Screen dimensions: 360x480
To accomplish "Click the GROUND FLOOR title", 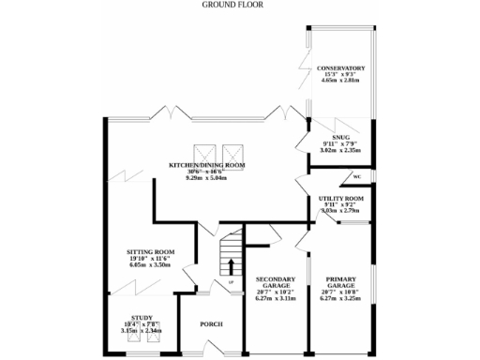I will (x=232, y=5).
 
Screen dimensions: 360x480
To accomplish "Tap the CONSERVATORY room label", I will (x=340, y=68).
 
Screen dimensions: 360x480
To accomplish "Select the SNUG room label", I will (x=327, y=136).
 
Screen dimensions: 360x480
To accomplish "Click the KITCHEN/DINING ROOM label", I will (x=206, y=165).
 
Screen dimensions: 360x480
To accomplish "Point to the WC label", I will (x=357, y=176).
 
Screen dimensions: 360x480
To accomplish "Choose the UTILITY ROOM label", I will (x=341, y=199).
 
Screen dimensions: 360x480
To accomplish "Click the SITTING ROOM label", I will (x=151, y=252).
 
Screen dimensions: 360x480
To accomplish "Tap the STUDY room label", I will (x=142, y=318).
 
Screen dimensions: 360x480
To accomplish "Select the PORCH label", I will (x=212, y=324).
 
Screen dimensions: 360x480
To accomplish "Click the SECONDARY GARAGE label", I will (x=276, y=284).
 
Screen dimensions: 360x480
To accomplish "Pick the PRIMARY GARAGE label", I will (x=340, y=284).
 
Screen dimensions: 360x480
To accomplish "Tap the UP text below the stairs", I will (x=230, y=282).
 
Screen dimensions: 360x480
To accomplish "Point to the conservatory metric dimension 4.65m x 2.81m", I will (x=340, y=82).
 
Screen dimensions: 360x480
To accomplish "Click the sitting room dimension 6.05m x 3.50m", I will (x=151, y=265).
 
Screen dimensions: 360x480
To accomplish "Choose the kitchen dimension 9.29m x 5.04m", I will (x=206, y=178).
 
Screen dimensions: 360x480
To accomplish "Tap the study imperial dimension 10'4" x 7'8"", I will (x=142, y=324).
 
